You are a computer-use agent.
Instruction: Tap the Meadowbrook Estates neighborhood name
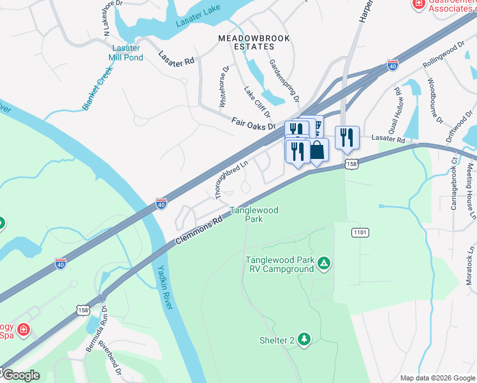254,43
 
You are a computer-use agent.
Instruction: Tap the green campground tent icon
324,263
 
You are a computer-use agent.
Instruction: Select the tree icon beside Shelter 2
304,339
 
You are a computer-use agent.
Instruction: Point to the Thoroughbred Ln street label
231,173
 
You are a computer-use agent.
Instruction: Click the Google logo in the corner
21,375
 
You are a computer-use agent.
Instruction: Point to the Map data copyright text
437,378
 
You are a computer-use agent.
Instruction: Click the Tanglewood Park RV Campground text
279,264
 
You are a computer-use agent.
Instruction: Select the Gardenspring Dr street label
284,81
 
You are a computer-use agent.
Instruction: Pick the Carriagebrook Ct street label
454,185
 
